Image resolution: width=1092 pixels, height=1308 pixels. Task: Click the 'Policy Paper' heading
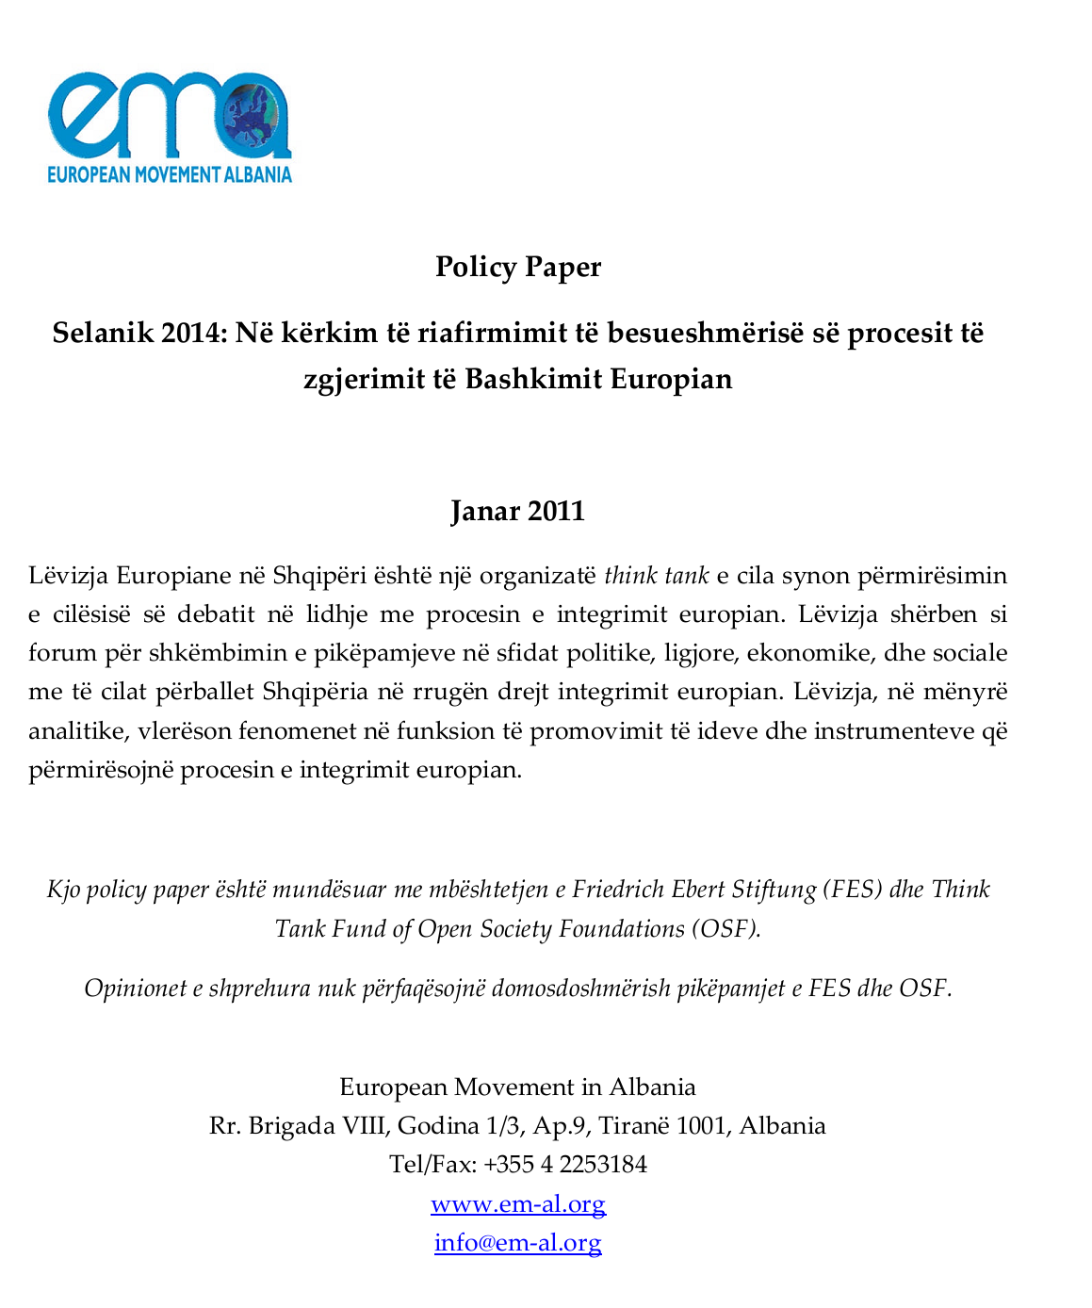[x=517, y=267]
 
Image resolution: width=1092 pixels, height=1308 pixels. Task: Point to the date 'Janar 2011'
[x=517, y=511]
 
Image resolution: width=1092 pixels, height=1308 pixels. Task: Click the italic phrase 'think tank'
[x=656, y=575]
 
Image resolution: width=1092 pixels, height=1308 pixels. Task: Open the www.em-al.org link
[x=517, y=1203]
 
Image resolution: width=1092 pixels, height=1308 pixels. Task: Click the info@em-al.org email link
[x=517, y=1242]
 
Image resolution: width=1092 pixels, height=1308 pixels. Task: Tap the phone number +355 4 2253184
[x=565, y=1164]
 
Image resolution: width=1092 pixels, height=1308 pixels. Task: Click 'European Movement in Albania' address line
[x=517, y=1087]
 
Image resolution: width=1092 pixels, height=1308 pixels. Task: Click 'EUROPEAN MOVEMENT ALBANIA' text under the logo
[x=170, y=174]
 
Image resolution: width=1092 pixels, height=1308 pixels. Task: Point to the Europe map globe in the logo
[x=256, y=118]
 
